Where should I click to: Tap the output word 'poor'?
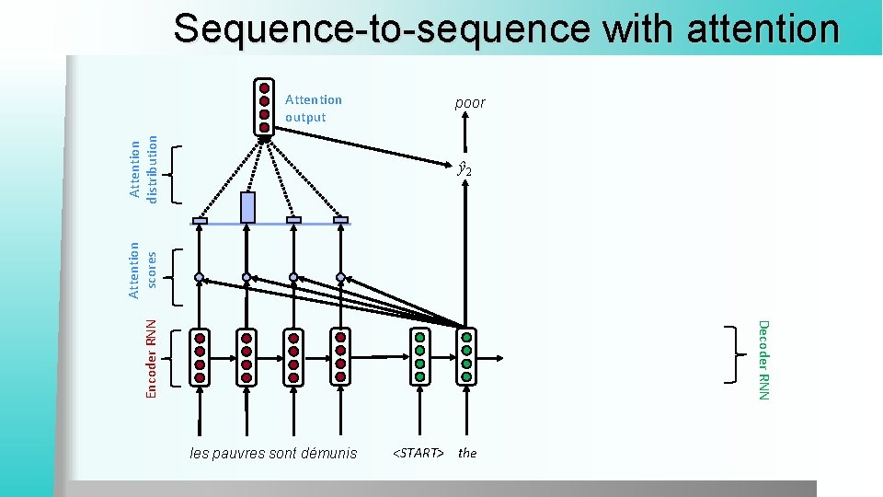pyautogui.click(x=469, y=103)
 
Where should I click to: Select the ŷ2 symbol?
pyautogui.click(x=465, y=169)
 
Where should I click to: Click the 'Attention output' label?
pyautogui.click(x=313, y=109)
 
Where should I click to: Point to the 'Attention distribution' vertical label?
pyautogui.click(x=143, y=168)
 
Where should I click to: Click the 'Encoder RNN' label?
pyautogui.click(x=153, y=357)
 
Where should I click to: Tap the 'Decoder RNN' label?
pyautogui.click(x=763, y=359)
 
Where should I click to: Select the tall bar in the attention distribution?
pyautogui.click(x=247, y=207)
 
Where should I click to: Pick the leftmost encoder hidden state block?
pyautogui.click(x=200, y=357)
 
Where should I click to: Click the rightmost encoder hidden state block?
pyautogui.click(x=340, y=357)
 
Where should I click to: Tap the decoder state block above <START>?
pyautogui.click(x=419, y=356)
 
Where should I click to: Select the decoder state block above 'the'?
pyautogui.click(x=466, y=356)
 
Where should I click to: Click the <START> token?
pyautogui.click(x=419, y=453)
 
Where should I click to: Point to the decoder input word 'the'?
pyautogui.click(x=467, y=453)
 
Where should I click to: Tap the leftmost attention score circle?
pyautogui.click(x=199, y=277)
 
